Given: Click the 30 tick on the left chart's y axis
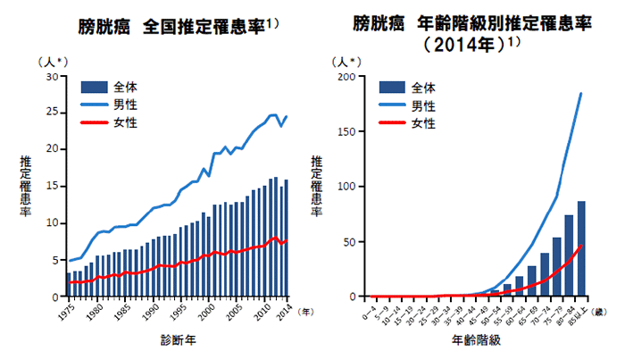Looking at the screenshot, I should tap(51, 77).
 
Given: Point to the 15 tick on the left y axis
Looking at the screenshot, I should tap(51, 187).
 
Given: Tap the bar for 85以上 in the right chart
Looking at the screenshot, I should tap(581, 249).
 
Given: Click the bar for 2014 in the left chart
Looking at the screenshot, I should tap(286, 239).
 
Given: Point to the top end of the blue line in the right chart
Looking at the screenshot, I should tap(581, 93).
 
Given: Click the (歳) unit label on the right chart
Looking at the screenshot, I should tap(600, 311).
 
